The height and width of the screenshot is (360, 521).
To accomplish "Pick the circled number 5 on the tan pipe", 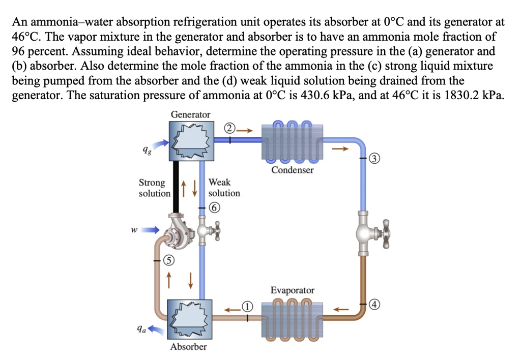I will [166, 261].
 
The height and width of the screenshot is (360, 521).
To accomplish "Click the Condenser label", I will [292, 170].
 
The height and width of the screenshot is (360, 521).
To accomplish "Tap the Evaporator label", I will [292, 290].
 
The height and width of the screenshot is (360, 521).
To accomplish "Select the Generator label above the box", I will [190, 114].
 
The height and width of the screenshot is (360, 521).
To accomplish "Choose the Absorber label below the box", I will [189, 347].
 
